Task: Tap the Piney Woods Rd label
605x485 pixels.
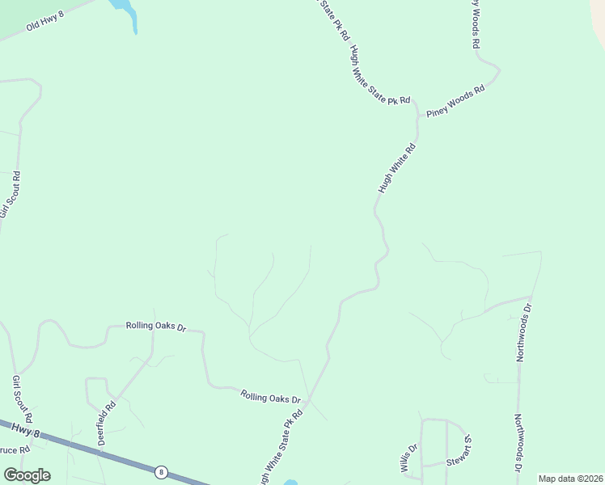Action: [455, 100]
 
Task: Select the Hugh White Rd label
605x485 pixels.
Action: [396, 168]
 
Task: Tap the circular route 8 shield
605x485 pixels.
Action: [162, 471]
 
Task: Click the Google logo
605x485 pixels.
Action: [27, 474]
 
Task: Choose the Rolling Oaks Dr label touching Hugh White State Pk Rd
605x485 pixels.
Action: [270, 396]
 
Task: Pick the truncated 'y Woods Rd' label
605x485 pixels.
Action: [476, 23]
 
